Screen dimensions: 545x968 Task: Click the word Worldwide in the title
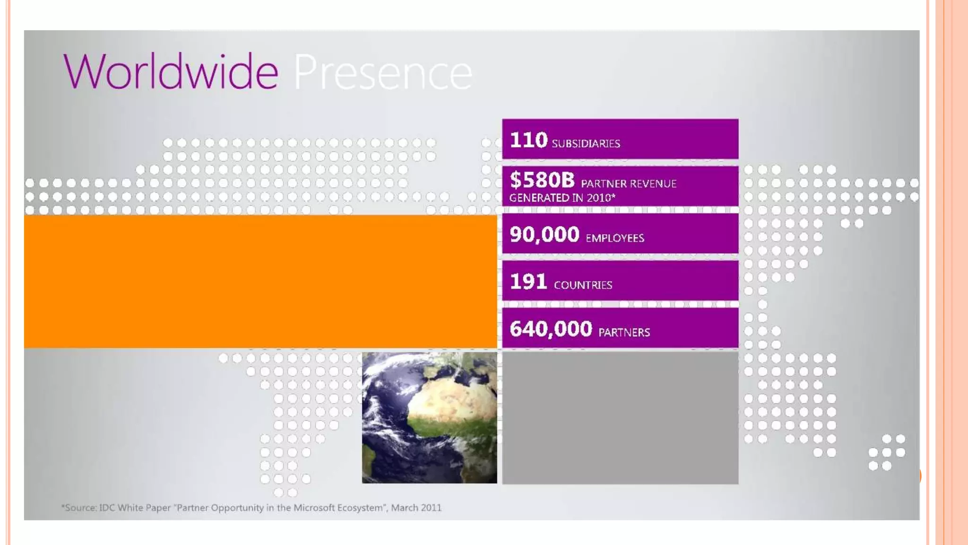(171, 71)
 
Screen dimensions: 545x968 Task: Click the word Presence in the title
(383, 72)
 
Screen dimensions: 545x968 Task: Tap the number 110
(528, 141)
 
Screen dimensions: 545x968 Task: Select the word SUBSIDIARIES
(586, 143)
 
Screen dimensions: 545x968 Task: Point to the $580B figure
(542, 180)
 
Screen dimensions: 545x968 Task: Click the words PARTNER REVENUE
(629, 184)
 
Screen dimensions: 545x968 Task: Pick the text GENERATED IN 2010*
(562, 198)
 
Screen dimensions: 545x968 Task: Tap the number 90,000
(544, 235)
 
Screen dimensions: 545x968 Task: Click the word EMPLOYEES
(614, 238)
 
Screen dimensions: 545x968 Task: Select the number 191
(528, 282)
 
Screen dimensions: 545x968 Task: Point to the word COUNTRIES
(583, 285)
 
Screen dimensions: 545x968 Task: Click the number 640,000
(551, 329)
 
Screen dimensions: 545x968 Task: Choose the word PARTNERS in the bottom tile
(624, 333)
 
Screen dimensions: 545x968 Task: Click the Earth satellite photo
(429, 417)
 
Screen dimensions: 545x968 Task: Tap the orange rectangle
(260, 281)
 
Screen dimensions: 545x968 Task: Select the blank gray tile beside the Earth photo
(620, 417)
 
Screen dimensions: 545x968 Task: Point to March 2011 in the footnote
(416, 508)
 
